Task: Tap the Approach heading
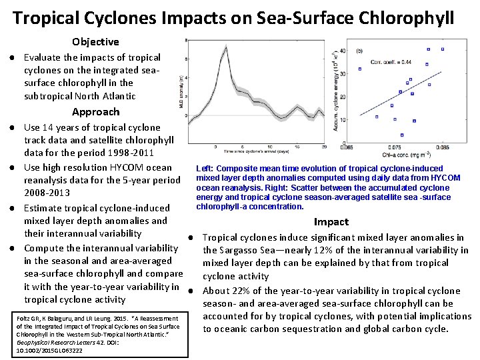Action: [x=95, y=111]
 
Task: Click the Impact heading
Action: [x=331, y=221]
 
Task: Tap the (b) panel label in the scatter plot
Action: [x=360, y=51]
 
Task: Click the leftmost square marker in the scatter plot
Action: [x=360, y=69]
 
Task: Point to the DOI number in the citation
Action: [x=39, y=349]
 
